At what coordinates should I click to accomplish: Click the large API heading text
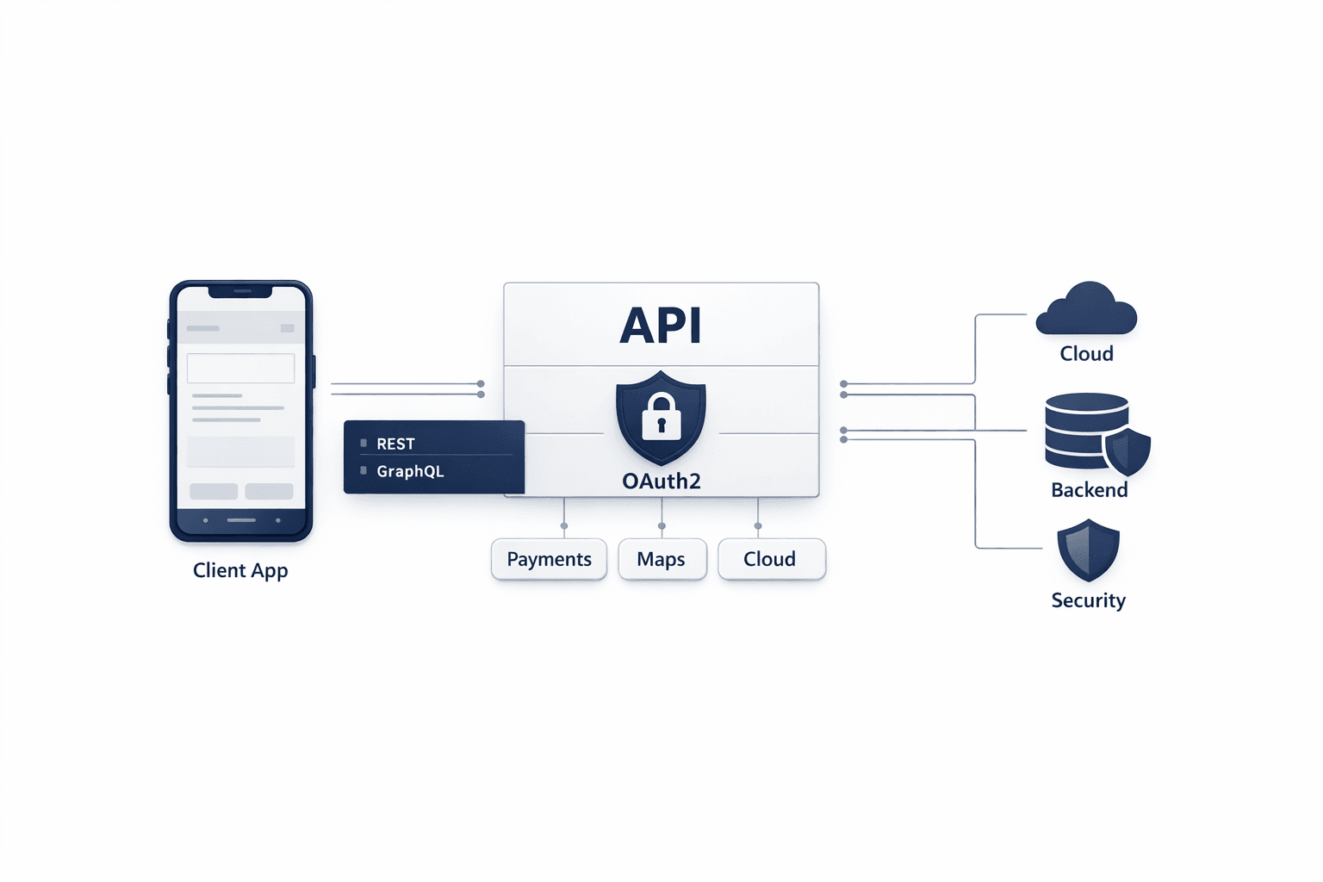[x=661, y=326]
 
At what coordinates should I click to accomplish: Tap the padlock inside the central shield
[x=661, y=418]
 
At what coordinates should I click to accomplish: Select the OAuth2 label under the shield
[x=661, y=481]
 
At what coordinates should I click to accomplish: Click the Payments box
[x=549, y=559]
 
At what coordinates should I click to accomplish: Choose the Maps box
[x=661, y=559]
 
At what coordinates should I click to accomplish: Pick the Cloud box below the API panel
[x=771, y=559]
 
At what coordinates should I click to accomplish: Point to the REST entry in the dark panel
[x=395, y=444]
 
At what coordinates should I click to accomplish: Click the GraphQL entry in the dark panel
[x=410, y=471]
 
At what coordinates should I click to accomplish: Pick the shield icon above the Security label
[x=1088, y=550]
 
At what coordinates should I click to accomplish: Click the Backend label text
[x=1089, y=490]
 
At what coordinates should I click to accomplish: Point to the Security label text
[x=1088, y=600]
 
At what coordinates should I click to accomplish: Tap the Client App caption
[x=240, y=570]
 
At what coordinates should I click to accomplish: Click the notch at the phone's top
[x=241, y=291]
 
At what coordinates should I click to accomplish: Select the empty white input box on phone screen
[x=241, y=368]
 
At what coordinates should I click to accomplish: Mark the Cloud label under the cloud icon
[x=1086, y=354]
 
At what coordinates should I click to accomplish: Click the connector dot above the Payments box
[x=564, y=525]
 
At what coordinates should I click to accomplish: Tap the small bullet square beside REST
[x=363, y=443]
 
